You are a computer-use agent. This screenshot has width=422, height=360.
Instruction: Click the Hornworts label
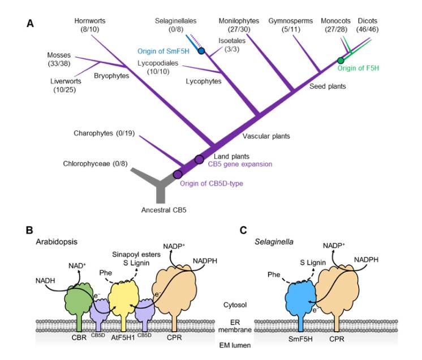(x=90, y=21)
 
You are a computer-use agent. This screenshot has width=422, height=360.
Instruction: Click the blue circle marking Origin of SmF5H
(x=201, y=51)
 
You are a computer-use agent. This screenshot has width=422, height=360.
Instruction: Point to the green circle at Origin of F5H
(x=341, y=60)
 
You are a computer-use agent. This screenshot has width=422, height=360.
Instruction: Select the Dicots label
(x=367, y=21)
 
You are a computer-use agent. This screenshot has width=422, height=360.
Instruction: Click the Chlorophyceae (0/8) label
(x=91, y=164)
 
